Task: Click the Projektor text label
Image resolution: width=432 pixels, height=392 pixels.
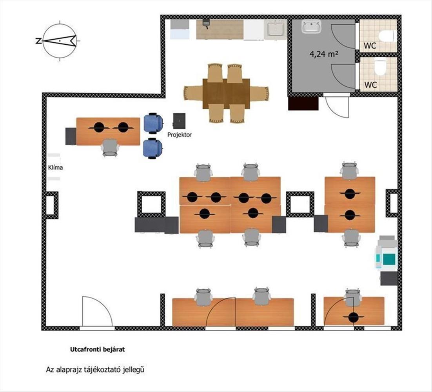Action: tap(180, 135)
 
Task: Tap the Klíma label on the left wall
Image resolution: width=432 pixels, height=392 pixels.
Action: tap(55, 167)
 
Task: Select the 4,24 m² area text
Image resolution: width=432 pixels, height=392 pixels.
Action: tap(324, 54)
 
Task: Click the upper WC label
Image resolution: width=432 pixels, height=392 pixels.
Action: tap(370, 45)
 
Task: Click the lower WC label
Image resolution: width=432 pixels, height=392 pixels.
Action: tap(370, 85)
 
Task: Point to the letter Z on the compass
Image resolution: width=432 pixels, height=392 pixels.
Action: tap(38, 41)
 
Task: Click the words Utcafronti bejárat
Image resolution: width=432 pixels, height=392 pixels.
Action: tap(98, 350)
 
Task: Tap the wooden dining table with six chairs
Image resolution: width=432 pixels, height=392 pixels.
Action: tap(226, 93)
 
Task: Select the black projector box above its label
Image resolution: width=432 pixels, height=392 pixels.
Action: tap(179, 121)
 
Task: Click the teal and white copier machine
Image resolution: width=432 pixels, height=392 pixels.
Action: tap(386, 252)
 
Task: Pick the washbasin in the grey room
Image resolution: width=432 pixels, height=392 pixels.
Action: tap(312, 27)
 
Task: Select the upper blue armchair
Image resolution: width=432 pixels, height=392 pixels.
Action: tap(153, 123)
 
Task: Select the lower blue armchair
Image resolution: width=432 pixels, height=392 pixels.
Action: tap(152, 148)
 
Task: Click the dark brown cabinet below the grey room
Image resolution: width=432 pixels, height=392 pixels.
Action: tap(303, 103)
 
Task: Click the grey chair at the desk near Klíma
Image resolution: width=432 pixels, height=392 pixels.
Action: tap(111, 147)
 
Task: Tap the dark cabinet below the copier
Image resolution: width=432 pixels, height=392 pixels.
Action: tap(389, 278)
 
